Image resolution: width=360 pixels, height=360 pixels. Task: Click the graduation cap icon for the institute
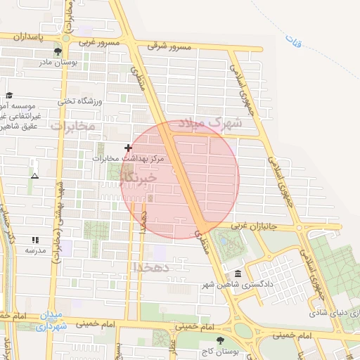(x=8, y=96)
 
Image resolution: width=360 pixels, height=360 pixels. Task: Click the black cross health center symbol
(x=128, y=148)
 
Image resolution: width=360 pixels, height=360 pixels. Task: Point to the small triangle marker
(x=34, y=175)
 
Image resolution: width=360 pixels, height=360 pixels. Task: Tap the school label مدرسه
(x=35, y=250)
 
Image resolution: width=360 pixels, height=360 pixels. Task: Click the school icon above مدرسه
(x=35, y=240)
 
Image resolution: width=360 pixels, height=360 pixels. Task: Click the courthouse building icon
(x=238, y=274)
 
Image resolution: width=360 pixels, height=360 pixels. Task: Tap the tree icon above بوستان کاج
(x=220, y=341)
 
